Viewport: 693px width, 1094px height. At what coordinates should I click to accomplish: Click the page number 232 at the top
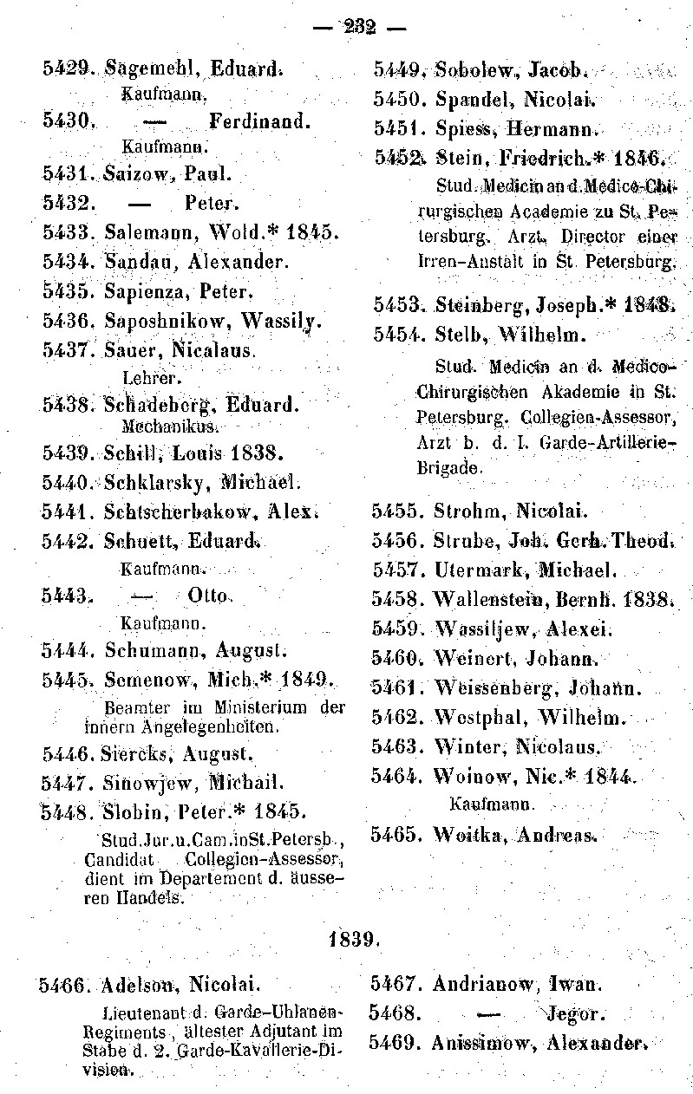359,27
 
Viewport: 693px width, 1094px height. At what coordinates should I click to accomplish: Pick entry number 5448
69,812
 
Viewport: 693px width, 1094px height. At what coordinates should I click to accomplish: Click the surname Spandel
469,100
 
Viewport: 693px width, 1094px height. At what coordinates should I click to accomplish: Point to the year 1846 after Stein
638,158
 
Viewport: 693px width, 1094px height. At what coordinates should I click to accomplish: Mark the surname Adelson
139,986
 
